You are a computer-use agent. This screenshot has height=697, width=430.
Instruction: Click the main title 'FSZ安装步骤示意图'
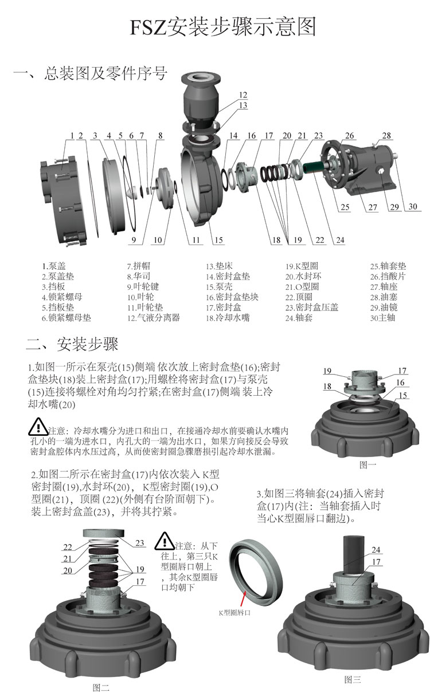(x=223, y=27)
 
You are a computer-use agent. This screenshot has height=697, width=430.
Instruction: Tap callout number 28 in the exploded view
(x=386, y=135)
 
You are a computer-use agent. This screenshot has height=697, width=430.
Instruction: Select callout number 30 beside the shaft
(x=413, y=206)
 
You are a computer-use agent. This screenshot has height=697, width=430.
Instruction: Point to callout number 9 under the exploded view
(x=134, y=240)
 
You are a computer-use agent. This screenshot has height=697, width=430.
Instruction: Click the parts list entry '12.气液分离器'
(x=154, y=318)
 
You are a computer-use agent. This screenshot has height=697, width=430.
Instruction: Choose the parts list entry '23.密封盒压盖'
(x=312, y=308)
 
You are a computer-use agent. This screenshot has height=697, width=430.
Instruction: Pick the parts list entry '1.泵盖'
(x=54, y=266)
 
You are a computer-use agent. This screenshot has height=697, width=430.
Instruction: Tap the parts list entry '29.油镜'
(x=384, y=308)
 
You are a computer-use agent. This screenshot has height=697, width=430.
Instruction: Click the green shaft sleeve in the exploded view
(x=314, y=167)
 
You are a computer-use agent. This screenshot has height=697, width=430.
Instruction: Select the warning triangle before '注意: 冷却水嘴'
(x=38, y=427)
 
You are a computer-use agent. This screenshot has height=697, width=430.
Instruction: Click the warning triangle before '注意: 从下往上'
(x=164, y=541)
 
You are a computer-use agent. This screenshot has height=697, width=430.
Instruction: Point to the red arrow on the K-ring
(x=243, y=598)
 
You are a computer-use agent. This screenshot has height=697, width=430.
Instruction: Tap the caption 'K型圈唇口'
(x=234, y=612)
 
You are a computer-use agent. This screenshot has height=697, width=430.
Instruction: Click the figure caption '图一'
(x=368, y=465)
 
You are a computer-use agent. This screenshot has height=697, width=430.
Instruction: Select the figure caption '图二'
(x=101, y=687)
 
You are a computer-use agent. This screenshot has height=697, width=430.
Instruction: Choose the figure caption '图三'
(x=353, y=679)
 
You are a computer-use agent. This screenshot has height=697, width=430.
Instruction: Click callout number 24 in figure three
(x=376, y=549)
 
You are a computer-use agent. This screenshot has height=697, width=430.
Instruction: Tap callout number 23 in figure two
(x=139, y=543)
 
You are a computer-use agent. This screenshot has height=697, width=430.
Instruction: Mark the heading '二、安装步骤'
(x=72, y=344)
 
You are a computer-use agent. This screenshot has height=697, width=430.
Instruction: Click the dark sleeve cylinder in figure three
(x=354, y=556)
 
